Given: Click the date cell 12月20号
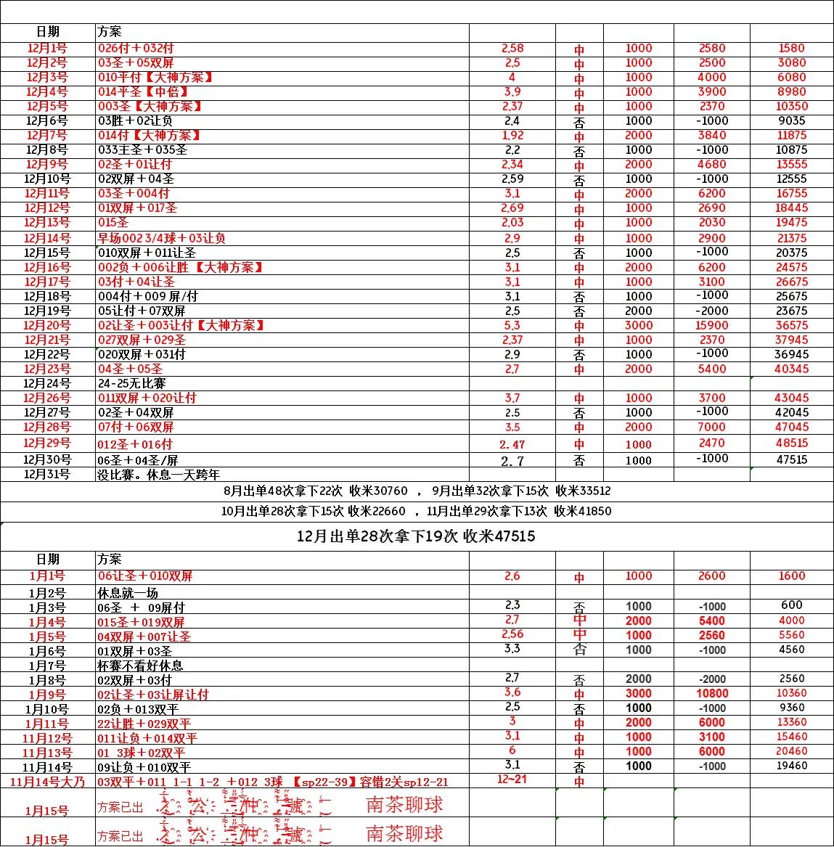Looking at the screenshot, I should (47, 325).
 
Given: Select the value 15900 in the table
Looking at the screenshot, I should (711, 325).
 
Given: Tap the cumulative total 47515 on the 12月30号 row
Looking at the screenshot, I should (791, 459).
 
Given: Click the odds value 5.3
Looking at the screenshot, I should (512, 325).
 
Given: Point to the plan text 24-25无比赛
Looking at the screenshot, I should (132, 383).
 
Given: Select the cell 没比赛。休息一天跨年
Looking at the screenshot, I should (158, 474).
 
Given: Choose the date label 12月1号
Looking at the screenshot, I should (47, 48).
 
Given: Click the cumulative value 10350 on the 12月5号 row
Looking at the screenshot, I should (791, 106).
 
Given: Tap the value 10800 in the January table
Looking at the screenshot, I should (711, 693).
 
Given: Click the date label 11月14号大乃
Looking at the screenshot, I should (48, 782).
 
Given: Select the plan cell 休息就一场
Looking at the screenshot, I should (128, 593).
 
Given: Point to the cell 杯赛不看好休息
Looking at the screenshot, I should (140, 666).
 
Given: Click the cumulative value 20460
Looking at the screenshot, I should (791, 751).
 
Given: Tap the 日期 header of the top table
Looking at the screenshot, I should (47, 32).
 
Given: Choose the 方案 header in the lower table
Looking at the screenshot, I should (110, 560).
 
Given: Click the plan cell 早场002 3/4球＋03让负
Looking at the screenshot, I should (162, 238).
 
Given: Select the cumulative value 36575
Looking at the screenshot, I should (791, 325).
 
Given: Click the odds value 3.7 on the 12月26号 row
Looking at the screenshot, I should (512, 398).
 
